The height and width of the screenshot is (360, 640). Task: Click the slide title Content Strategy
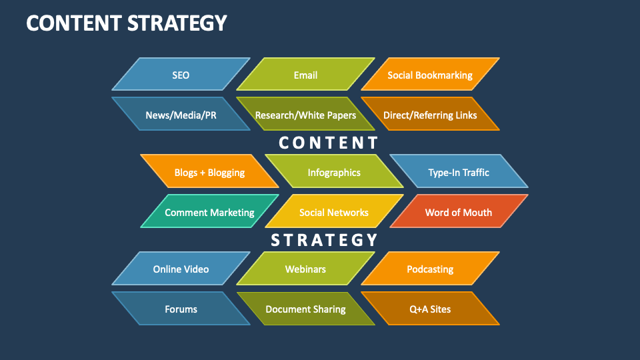[127, 23]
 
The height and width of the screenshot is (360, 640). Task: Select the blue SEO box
[181, 75]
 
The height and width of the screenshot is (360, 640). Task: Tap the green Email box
[305, 75]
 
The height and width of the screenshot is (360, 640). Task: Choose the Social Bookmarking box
[430, 75]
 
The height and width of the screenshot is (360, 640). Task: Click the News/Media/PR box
[181, 115]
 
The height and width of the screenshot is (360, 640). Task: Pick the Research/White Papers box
[305, 115]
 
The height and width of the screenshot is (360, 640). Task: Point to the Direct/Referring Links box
[430, 115]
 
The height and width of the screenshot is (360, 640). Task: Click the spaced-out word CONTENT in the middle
[328, 143]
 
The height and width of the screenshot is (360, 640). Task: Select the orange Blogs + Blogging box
[209, 172]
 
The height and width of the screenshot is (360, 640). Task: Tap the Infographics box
[334, 172]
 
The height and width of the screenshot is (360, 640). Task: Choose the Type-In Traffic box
[459, 172]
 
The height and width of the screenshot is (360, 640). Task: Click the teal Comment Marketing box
[209, 212]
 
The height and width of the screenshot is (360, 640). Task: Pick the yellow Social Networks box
[334, 212]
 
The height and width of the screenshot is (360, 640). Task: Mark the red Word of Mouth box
[459, 212]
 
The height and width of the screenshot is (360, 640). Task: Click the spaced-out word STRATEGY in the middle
[324, 240]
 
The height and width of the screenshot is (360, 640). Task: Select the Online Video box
[181, 269]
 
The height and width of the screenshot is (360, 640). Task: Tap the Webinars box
[305, 269]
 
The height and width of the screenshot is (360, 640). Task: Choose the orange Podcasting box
[430, 269]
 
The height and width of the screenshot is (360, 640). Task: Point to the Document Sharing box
[305, 309]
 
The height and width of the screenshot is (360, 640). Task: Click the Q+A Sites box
[430, 309]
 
